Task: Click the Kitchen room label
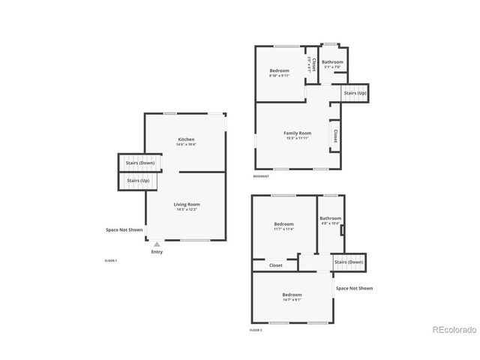click(x=186, y=139)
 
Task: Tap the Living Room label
click(x=187, y=204)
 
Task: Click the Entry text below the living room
click(x=157, y=252)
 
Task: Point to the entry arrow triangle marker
click(x=157, y=244)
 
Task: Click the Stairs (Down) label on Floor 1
click(x=140, y=162)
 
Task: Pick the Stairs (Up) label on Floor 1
click(x=138, y=181)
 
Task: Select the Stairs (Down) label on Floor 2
click(x=349, y=262)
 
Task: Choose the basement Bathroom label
click(x=332, y=62)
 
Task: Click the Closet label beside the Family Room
click(x=334, y=136)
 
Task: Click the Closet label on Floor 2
click(x=276, y=265)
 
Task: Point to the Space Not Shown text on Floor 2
click(x=354, y=288)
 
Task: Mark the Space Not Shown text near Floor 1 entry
click(x=124, y=230)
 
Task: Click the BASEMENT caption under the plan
click(x=261, y=176)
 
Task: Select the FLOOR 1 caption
click(x=110, y=260)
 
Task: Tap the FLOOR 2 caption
click(x=256, y=330)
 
